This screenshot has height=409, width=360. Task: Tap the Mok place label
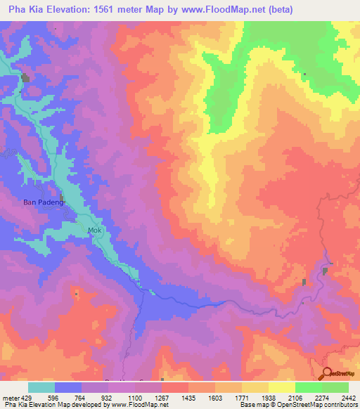(94, 230)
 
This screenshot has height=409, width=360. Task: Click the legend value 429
(25, 398)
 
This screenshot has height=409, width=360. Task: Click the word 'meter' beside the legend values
(9, 398)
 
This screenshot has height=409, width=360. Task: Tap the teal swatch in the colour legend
(41, 387)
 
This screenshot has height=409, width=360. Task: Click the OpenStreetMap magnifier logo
(328, 374)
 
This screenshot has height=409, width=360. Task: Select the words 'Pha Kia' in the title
(22, 9)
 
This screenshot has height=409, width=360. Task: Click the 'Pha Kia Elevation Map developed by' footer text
(53, 405)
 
